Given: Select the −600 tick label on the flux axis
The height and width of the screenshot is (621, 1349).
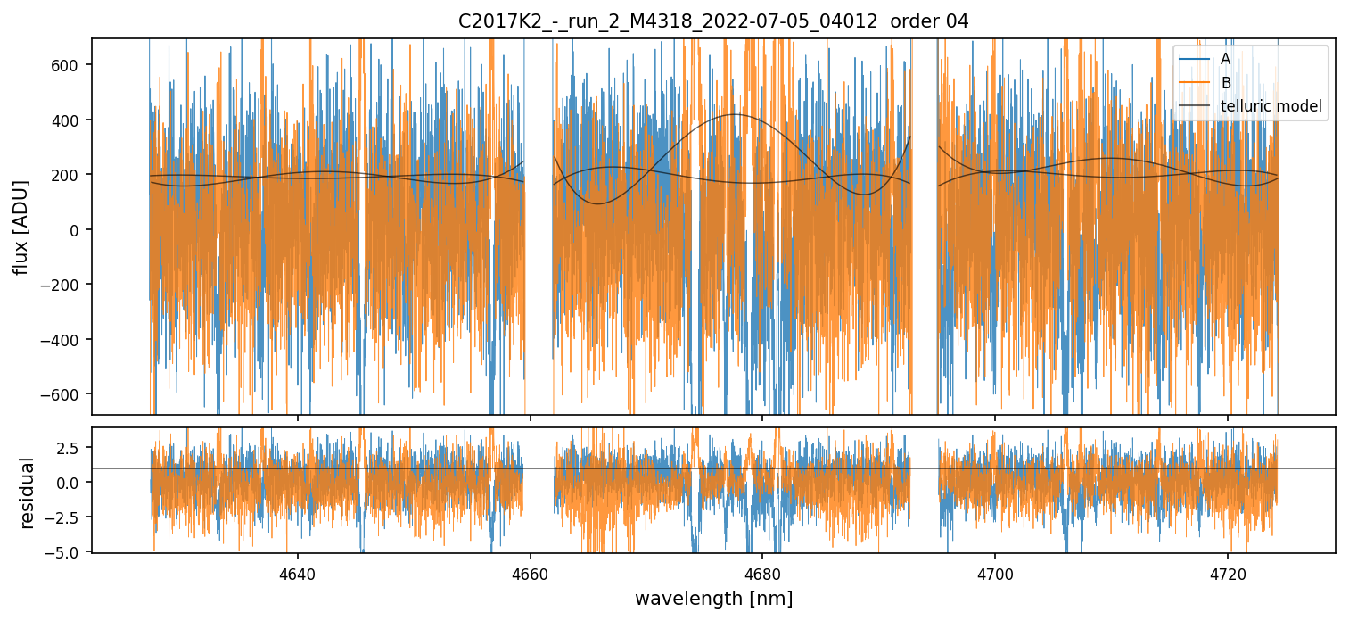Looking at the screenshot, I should pos(63,393).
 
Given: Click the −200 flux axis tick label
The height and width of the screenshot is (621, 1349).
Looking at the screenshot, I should pos(63,285).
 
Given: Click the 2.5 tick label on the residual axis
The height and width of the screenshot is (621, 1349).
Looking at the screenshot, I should pos(70,446).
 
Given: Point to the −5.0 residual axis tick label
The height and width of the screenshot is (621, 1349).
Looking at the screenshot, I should pos(65,552).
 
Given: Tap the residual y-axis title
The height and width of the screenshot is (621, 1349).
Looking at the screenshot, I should pos(27,493).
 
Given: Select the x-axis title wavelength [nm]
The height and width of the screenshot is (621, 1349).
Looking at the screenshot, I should pos(713,598).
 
